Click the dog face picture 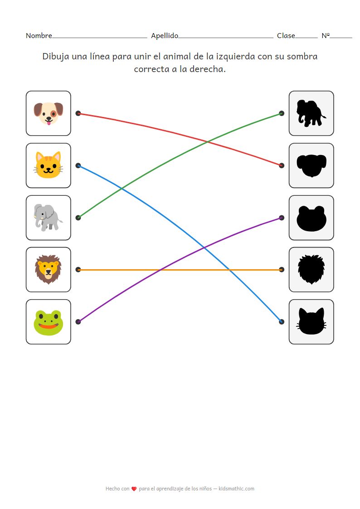pos(48,113)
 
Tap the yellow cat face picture pos(48,165)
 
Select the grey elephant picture pos(48,218)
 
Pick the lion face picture pos(48,270)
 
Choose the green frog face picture pos(48,322)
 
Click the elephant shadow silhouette pos(311,113)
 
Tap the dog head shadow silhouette pos(311,165)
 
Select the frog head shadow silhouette pos(311,218)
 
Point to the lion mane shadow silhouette pos(311,270)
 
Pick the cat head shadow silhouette pos(311,322)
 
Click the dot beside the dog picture pos(78,113)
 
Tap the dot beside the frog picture pos(78,322)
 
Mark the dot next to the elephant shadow pos(282,113)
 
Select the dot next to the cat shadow pos(282,322)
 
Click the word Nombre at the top pos(39,36)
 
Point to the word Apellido pos(165,36)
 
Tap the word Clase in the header pos(286,36)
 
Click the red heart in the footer pos(134,489)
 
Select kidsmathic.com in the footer pos(236,489)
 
